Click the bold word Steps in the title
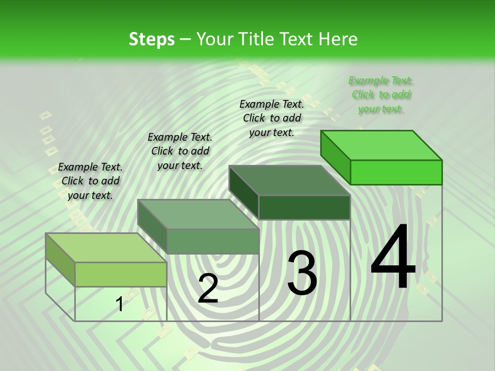(152, 39)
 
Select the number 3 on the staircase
(302, 273)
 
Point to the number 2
(208, 289)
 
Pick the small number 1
(120, 305)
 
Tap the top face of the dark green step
(290, 180)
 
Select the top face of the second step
(199, 214)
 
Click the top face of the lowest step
(106, 248)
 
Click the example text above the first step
(90, 181)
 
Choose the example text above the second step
(180, 151)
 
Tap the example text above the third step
(272, 118)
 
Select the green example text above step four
(381, 95)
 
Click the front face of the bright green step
(396, 172)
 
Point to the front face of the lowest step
(121, 274)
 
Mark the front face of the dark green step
(304, 207)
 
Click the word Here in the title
(338, 39)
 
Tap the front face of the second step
(212, 241)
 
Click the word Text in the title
(297, 39)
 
